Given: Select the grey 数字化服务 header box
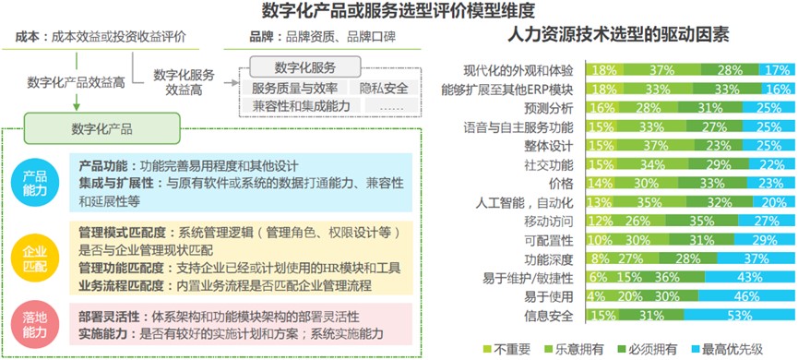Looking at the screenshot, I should pos(305,67).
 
